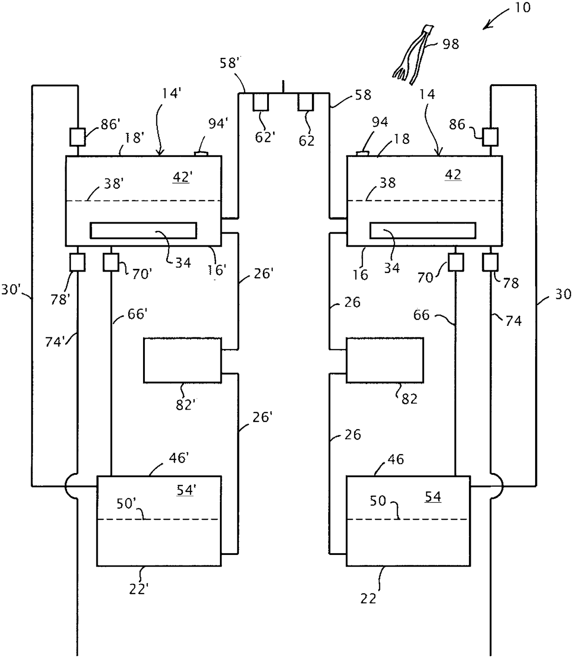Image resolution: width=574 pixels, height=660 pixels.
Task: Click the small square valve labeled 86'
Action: coord(77,137)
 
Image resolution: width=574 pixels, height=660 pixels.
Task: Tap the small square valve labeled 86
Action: coord(490,137)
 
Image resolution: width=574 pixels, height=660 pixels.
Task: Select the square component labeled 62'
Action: coord(260,102)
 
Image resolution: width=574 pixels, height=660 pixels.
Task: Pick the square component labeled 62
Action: coord(306,102)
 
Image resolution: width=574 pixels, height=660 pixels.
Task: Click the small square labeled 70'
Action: coord(111,262)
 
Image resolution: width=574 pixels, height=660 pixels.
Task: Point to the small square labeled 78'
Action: coord(77,262)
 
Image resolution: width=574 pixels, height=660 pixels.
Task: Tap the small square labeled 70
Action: coord(456,262)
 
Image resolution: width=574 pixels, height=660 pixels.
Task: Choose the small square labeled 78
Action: coord(490,262)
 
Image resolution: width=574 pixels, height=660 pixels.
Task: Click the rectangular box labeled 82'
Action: coord(182,361)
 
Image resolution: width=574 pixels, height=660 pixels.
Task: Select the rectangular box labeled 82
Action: coord(385,361)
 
